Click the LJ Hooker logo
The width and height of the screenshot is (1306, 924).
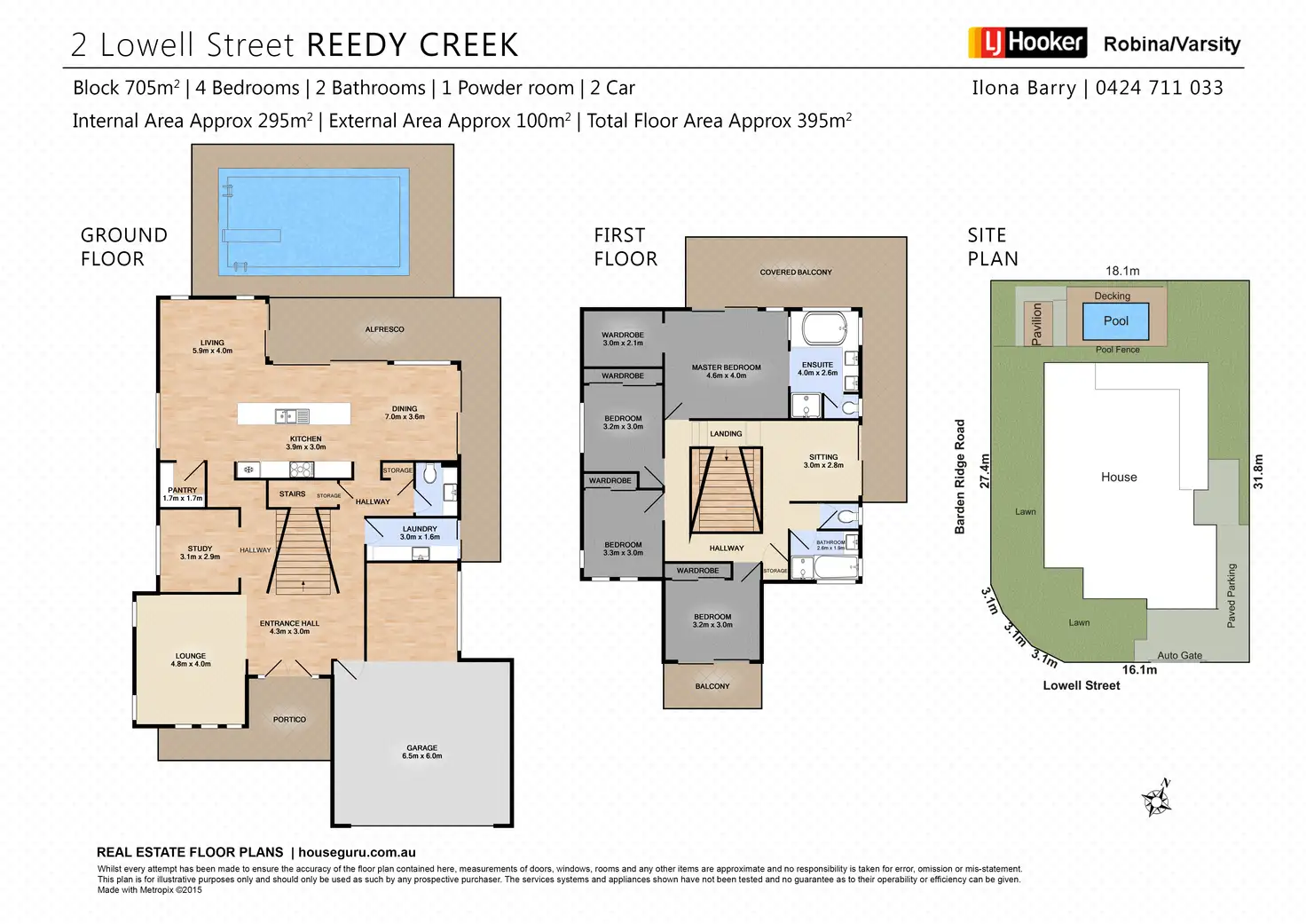coord(1027,43)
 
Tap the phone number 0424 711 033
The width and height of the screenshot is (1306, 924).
coord(1159,88)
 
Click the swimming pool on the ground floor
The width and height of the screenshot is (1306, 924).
coord(314,221)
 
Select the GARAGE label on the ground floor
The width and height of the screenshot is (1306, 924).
coord(422,748)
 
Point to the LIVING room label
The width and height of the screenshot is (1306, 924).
coord(212,343)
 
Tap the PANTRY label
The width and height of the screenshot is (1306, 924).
coord(183,490)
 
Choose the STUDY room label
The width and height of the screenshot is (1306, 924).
coord(200,549)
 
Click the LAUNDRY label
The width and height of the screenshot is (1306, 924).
coord(420,529)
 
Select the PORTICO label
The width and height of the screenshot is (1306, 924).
coord(289,720)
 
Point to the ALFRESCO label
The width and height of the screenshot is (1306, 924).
coord(384,329)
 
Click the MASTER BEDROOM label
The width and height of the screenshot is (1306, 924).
coord(726,367)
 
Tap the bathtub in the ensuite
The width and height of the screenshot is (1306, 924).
coord(824,329)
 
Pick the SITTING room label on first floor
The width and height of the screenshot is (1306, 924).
coord(823,457)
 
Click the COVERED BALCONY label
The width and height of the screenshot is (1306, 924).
coord(796,272)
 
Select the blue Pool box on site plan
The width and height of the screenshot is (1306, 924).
coord(1115,321)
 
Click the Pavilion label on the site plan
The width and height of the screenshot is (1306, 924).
coord(1036,323)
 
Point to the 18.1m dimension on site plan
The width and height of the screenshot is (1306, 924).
coord(1122,271)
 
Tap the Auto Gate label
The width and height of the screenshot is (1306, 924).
coord(1180,655)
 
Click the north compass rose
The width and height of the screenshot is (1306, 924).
coord(1157,800)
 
